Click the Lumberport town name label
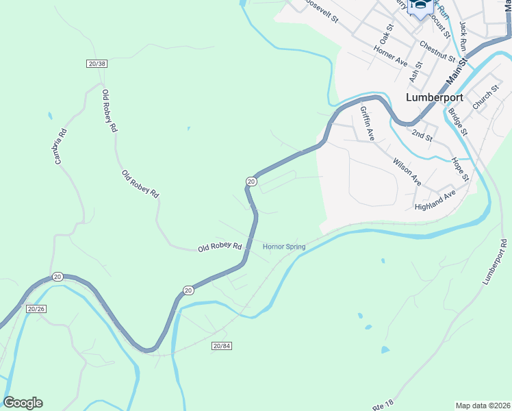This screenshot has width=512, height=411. point(434,97)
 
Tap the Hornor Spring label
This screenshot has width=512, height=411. point(284,247)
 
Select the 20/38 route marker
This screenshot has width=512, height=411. point(97,64)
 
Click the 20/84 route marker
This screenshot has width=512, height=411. point(222,346)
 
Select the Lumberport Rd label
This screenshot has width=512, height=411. point(495,262)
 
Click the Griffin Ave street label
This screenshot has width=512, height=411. point(368,124)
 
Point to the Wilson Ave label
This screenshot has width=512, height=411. point(407,173)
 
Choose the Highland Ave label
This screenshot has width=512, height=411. point(435,201)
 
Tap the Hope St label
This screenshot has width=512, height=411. point(459,169)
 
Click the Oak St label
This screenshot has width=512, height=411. point(387,30)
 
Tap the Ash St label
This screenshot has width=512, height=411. point(416,70)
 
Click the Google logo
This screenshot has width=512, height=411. point(23,403)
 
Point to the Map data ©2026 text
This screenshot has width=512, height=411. point(483,405)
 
